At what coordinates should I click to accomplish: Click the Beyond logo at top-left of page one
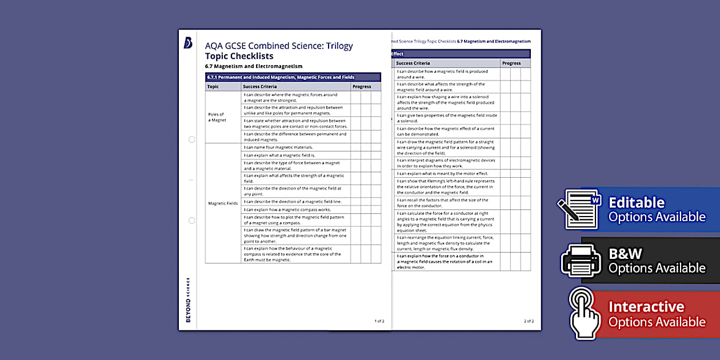pyautogui.click(x=188, y=43)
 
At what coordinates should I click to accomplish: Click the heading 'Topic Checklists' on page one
pyautogui.click(x=239, y=56)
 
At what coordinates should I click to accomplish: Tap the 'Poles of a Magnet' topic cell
pyautogui.click(x=217, y=117)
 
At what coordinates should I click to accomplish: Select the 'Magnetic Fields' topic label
pyautogui.click(x=222, y=203)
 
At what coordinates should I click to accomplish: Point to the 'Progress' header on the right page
pyautogui.click(x=511, y=63)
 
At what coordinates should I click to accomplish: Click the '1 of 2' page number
pyautogui.click(x=379, y=321)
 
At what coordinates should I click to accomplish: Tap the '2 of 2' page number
pyautogui.click(x=529, y=321)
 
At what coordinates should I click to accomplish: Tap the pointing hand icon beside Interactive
pyautogui.click(x=583, y=313)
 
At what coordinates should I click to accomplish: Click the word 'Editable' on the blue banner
pyautogui.click(x=637, y=203)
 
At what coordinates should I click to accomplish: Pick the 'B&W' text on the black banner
pyautogui.click(x=625, y=254)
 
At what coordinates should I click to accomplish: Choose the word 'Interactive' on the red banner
pyautogui.click(x=646, y=307)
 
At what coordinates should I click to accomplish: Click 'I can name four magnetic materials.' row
pyautogui.click(x=278, y=147)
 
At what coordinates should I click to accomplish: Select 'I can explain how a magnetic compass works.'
pyautogui.click(x=287, y=210)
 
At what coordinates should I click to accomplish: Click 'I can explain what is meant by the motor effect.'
pyautogui.click(x=442, y=173)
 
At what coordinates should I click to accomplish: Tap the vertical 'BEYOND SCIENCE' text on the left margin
pyautogui.click(x=188, y=299)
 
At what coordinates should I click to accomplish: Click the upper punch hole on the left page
pyautogui.click(x=191, y=139)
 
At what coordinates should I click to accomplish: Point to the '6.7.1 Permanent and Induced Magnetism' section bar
pyautogui.click(x=293, y=77)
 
